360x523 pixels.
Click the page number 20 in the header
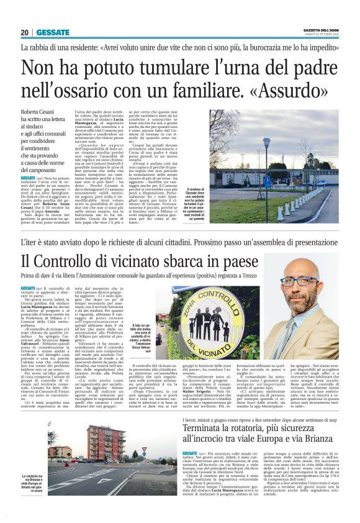pos(25,32)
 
